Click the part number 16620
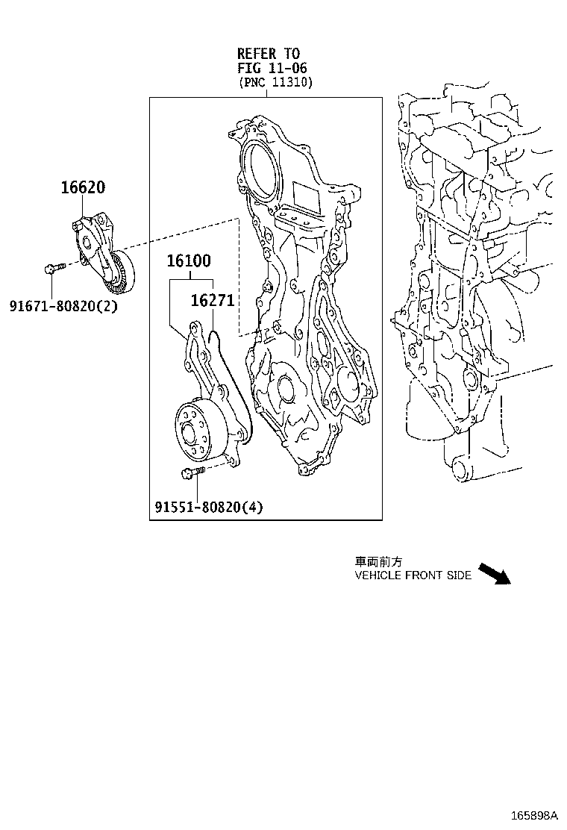[82, 188]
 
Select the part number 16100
[188, 261]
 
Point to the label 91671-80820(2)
[63, 305]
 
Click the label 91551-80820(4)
[209, 508]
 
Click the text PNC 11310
[275, 83]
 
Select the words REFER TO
[268, 54]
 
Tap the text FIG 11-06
[268, 68]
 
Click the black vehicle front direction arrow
[493, 573]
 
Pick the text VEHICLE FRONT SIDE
[413, 575]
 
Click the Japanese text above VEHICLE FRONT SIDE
[378, 562]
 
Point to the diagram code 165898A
[534, 814]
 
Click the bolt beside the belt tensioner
[54, 267]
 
